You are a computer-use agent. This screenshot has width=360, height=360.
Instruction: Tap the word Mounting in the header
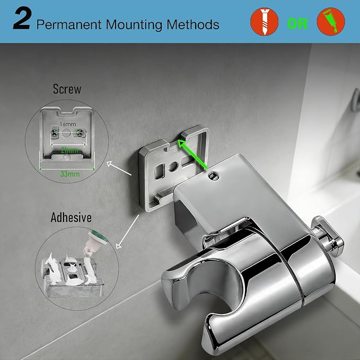(134, 24)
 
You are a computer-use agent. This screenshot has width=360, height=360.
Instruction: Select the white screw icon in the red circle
(264, 22)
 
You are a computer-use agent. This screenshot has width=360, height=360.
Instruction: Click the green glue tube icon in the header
(331, 21)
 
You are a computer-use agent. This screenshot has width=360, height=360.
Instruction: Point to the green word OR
(297, 23)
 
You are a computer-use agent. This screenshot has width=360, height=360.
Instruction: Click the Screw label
(67, 89)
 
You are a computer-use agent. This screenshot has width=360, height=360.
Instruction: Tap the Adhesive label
(71, 217)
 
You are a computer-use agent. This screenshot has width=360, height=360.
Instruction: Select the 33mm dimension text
(70, 174)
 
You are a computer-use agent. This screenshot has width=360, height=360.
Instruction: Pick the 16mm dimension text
(68, 124)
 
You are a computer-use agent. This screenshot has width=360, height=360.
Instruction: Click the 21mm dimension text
(69, 151)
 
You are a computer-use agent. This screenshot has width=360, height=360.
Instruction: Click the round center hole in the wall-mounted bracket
(173, 166)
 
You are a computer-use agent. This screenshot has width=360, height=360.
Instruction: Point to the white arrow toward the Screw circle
(119, 169)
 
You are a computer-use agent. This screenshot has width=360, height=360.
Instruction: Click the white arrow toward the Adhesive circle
(128, 231)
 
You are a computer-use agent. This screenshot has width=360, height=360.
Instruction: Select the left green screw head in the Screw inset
(55, 133)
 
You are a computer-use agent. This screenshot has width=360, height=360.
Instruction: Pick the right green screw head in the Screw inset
(80, 132)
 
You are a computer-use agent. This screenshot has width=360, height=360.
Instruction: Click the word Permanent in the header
(69, 24)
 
